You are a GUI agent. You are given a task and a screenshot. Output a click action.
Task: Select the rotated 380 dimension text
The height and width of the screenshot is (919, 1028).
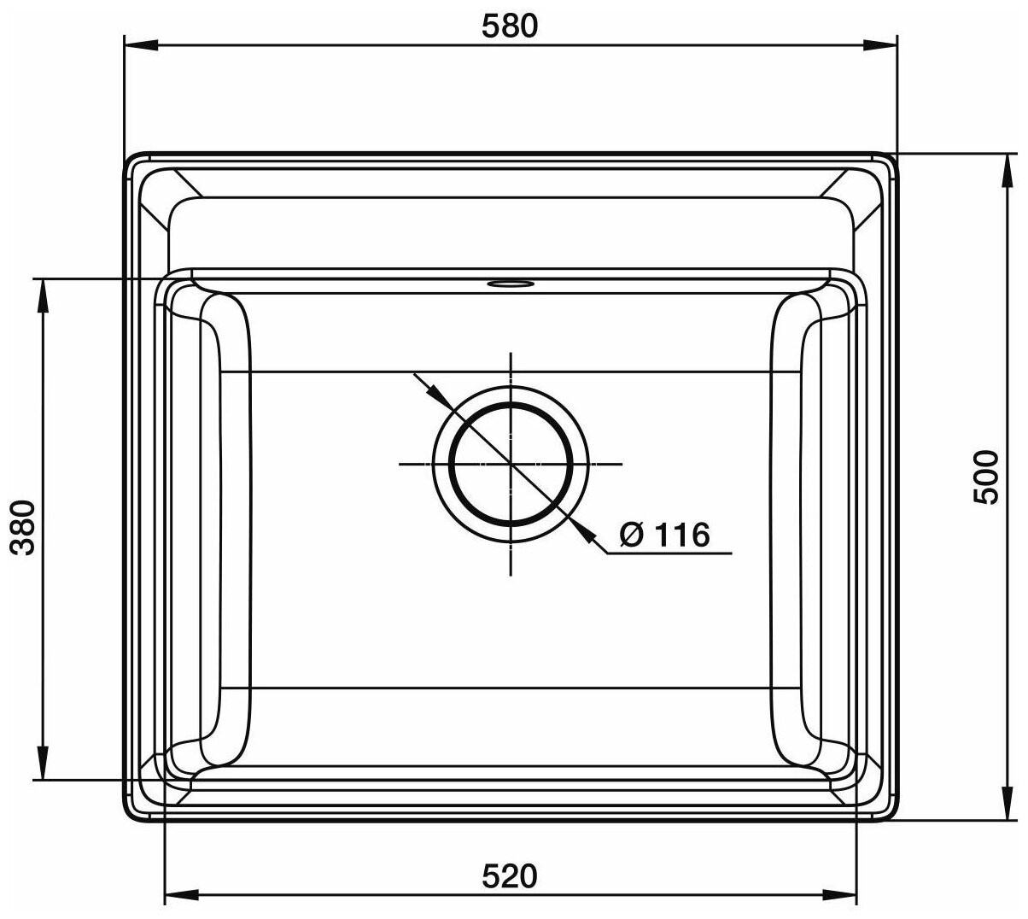coord(23,528)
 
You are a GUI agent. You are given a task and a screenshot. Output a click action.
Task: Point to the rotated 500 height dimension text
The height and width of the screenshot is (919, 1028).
coord(986,477)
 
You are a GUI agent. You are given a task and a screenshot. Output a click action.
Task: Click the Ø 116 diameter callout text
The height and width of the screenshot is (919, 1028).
coord(664,534)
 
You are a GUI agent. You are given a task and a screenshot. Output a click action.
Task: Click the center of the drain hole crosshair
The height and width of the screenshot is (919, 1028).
coord(511,464)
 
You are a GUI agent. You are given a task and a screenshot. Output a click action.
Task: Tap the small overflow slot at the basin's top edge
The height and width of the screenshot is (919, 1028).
coord(511,284)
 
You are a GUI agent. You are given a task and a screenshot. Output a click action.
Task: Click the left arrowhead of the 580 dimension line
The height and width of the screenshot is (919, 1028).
coord(143,45)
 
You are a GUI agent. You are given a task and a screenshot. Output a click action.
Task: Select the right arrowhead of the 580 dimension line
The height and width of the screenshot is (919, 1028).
coord(879,45)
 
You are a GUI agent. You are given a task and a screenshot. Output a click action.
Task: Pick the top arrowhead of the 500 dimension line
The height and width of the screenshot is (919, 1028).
coord(1008,171)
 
